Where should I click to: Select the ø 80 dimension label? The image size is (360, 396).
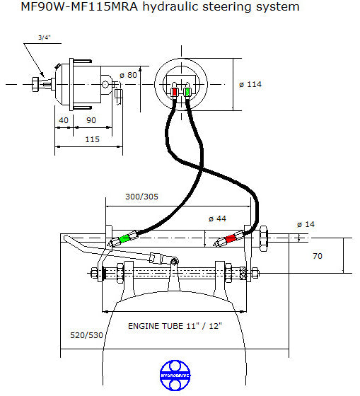click(x=128, y=75)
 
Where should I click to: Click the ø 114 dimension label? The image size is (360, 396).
click(x=250, y=84)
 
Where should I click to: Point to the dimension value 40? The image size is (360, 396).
click(x=64, y=120)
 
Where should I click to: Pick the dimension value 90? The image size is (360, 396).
click(x=91, y=120)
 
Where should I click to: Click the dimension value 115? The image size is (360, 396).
click(x=91, y=140)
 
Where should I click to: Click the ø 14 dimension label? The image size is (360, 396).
click(x=306, y=225)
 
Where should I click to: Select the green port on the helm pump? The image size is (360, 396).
click(x=187, y=92)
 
